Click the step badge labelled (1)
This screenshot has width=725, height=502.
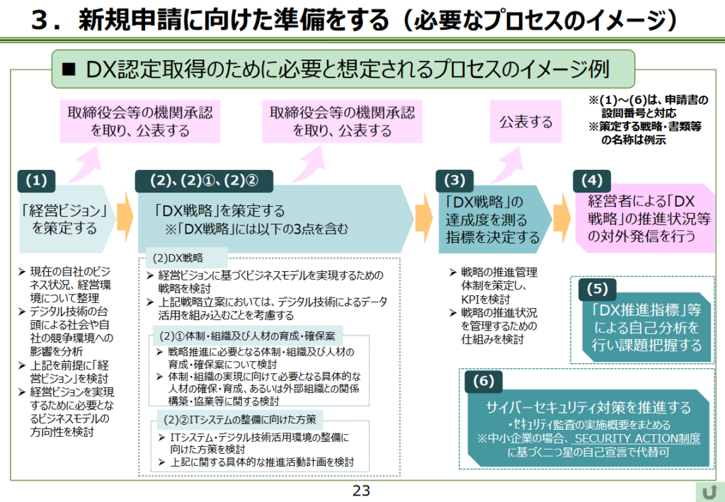(42, 181)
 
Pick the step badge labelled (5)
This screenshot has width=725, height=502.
(598, 290)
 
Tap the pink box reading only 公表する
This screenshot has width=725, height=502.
(526, 122)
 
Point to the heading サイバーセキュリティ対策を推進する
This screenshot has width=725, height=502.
(587, 407)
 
